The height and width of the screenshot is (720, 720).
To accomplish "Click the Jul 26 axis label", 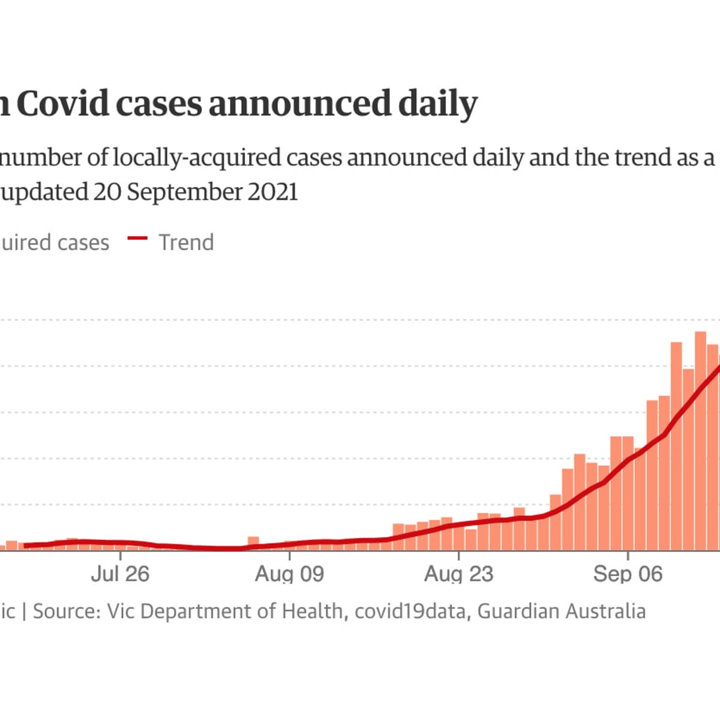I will pyautogui.click(x=120, y=574).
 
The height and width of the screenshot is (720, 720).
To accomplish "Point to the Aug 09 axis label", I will pyautogui.click(x=289, y=574).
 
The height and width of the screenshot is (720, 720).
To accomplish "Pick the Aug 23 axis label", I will pyautogui.click(x=458, y=574).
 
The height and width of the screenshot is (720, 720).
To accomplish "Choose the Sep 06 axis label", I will pyautogui.click(x=628, y=574).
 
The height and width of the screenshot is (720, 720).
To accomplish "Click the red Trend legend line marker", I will pyautogui.click(x=137, y=238).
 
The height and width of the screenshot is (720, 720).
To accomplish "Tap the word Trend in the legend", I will pyautogui.click(x=186, y=242).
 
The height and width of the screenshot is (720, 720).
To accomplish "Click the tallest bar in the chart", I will pyautogui.click(x=700, y=441).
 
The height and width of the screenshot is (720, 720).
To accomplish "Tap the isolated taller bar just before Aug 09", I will pyautogui.click(x=253, y=543).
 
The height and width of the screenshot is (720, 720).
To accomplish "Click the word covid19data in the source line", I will pyautogui.click(x=410, y=611).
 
